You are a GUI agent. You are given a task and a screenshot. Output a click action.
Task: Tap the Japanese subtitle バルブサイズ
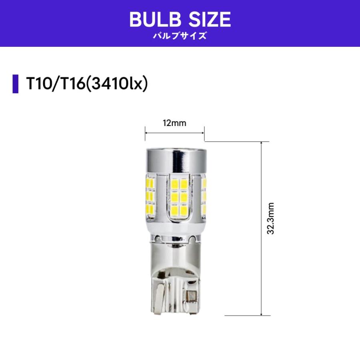(180, 36)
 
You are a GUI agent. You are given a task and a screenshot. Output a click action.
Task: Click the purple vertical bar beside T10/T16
(16, 84)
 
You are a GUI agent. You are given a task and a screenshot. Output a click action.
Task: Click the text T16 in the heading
(70, 84)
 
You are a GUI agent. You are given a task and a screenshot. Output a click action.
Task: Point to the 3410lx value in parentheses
(117, 84)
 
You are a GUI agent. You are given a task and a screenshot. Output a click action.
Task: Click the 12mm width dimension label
(174, 123)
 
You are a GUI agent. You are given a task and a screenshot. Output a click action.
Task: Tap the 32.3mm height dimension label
(271, 218)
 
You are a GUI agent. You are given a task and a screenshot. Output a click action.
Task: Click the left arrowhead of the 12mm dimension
(146, 133)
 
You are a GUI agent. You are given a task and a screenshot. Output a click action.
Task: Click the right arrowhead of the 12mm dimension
(203, 133)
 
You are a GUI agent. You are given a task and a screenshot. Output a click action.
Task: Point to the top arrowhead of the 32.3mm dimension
(261, 143)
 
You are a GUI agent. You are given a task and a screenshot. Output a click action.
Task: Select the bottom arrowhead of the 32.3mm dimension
(261, 314)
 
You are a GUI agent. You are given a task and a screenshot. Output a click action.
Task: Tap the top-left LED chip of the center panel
(174, 184)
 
